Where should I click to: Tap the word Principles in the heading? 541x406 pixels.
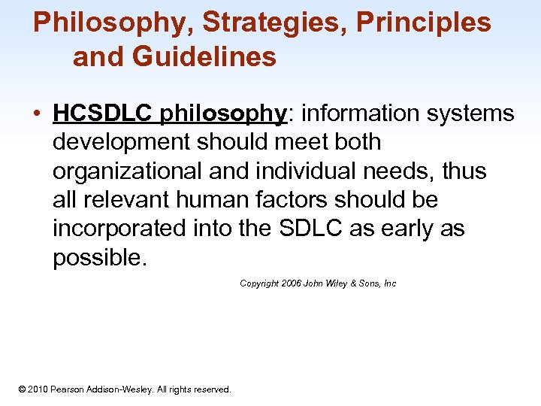click(x=423, y=23)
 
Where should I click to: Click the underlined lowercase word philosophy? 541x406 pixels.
click(x=222, y=114)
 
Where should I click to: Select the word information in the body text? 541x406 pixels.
click(x=352, y=114)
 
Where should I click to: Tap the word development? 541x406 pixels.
click(x=119, y=142)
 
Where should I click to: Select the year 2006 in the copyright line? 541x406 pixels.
click(x=290, y=283)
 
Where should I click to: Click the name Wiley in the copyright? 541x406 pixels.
click(x=336, y=283)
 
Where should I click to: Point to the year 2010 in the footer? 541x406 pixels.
click(x=38, y=389)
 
